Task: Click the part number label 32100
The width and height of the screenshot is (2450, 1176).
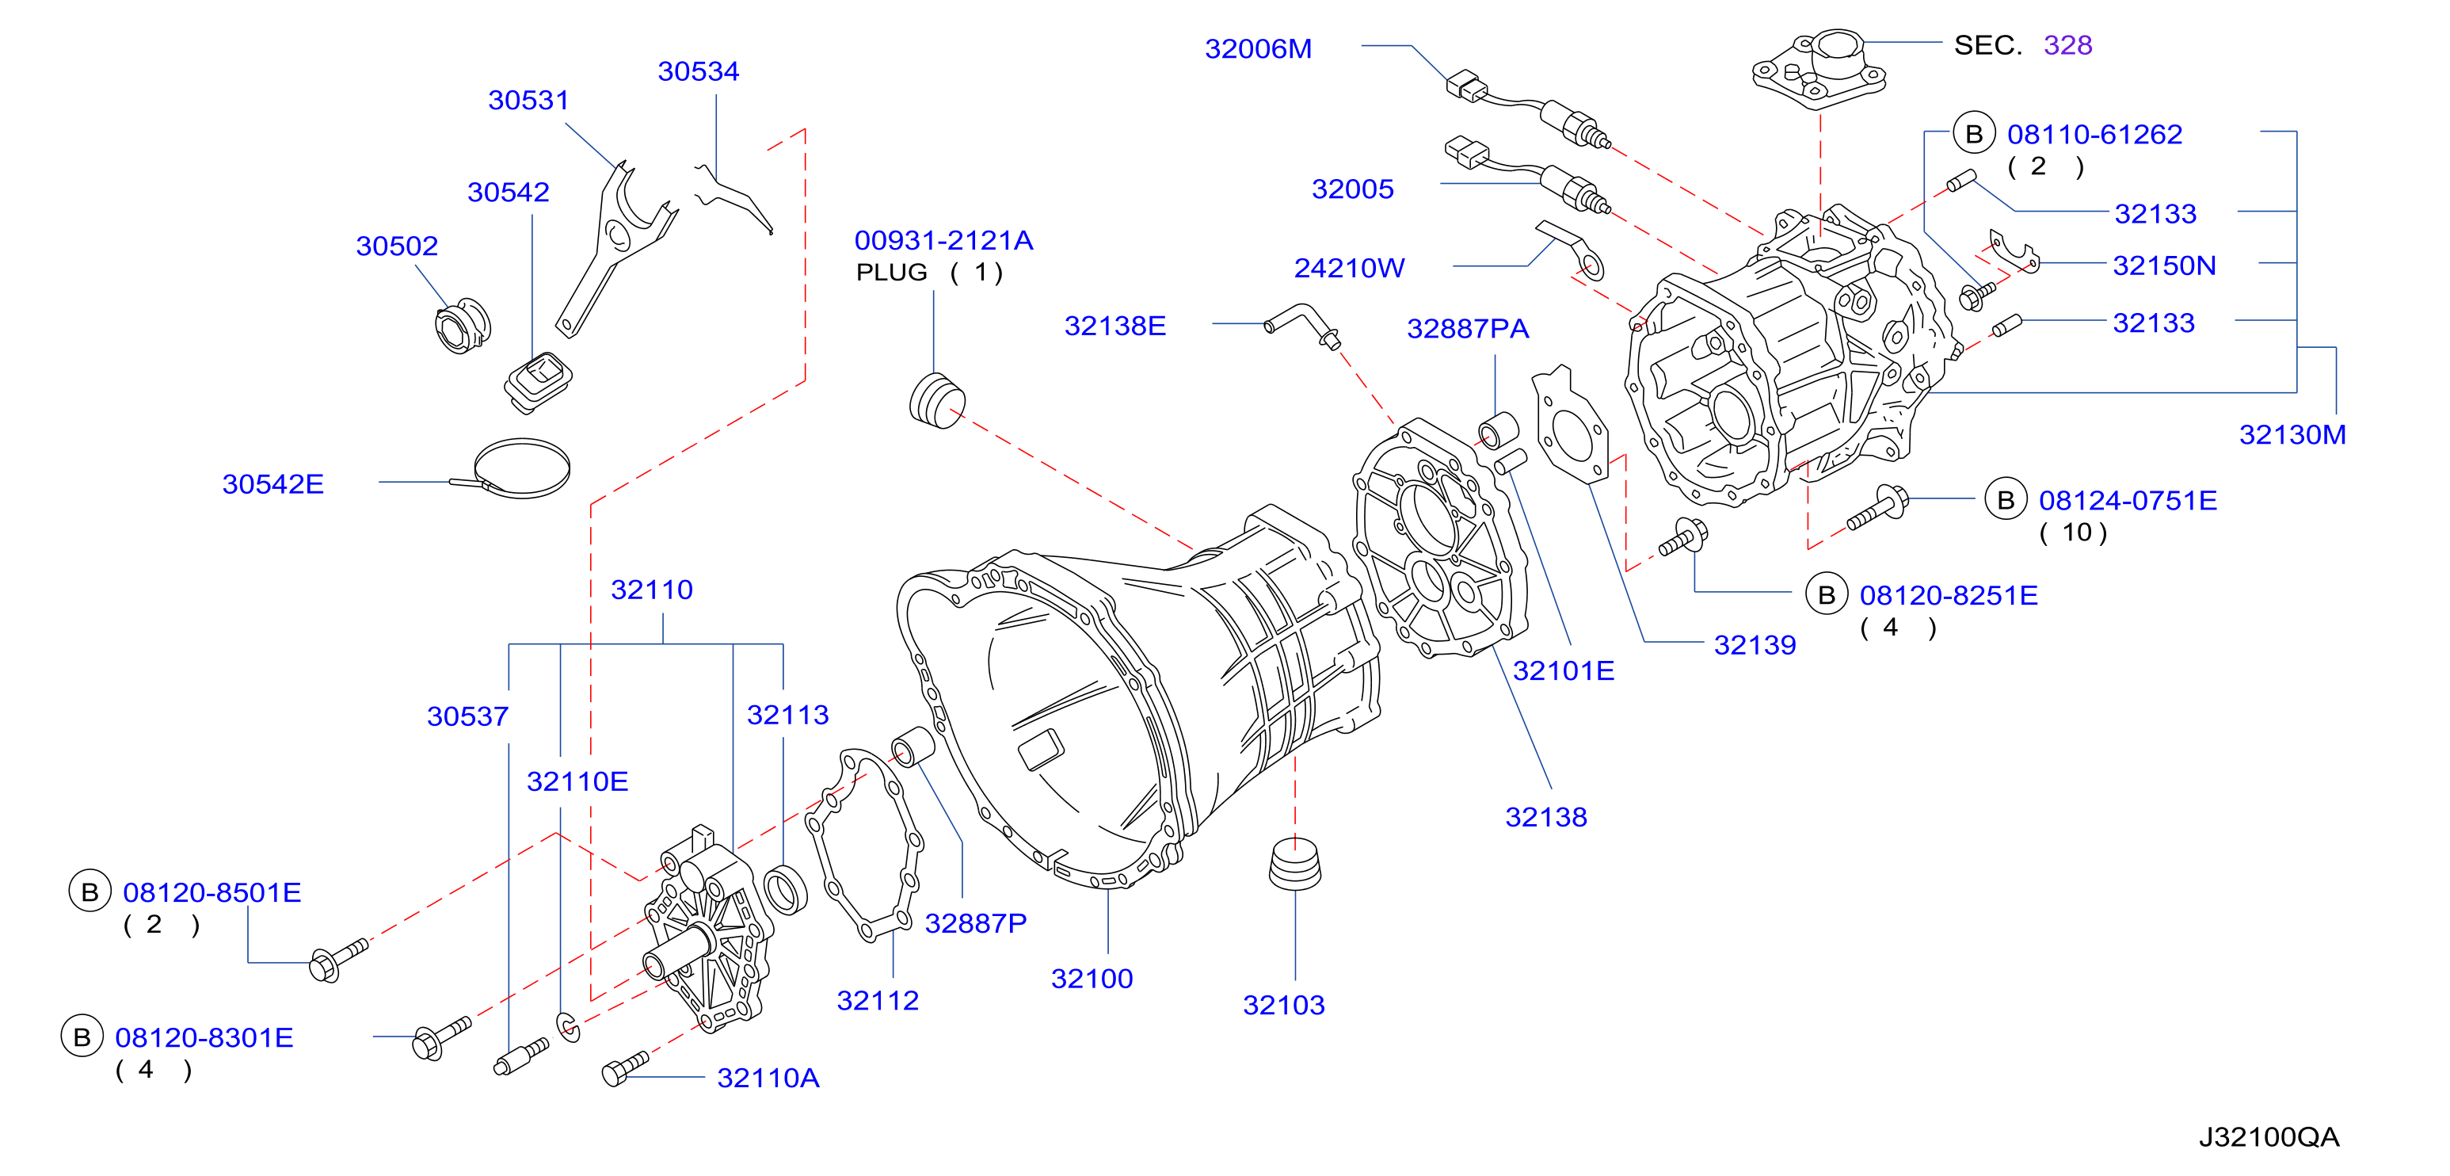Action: tap(1091, 978)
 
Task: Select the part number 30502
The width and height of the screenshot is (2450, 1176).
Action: tap(397, 246)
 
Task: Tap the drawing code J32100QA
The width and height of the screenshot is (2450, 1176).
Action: tap(2269, 1137)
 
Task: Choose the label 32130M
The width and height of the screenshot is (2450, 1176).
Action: tap(2292, 435)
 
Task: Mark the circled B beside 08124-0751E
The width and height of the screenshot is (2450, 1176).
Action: tap(2006, 501)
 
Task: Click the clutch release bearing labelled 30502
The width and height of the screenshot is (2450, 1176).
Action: tap(463, 326)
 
